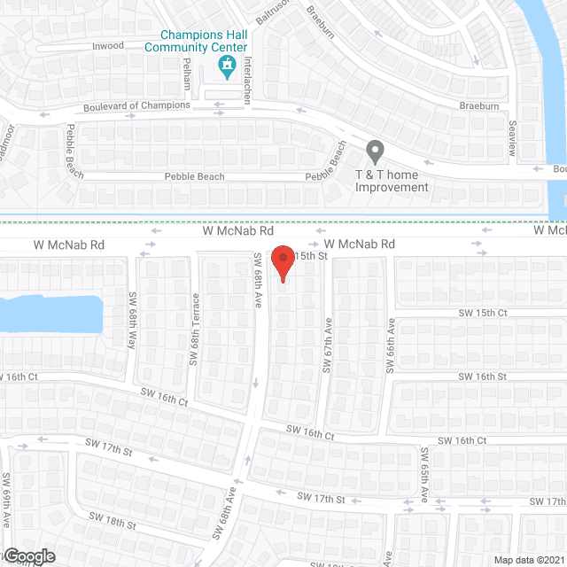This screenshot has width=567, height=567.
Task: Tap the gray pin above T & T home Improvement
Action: click(x=376, y=152)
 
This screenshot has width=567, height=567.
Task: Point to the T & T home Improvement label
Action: click(x=392, y=181)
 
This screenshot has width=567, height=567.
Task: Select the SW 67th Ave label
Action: click(x=327, y=346)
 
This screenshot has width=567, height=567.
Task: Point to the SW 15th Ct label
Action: click(x=483, y=313)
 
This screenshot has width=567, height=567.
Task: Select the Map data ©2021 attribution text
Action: click(x=528, y=560)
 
